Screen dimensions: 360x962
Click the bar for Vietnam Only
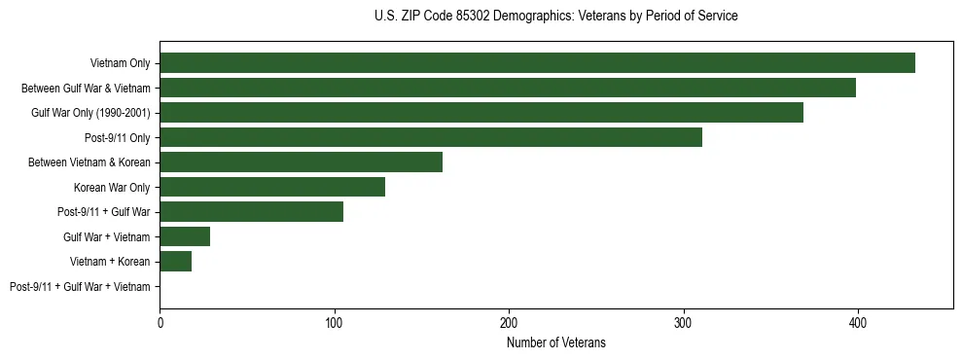[537, 63]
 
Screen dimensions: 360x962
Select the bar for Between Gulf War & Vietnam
[508, 88]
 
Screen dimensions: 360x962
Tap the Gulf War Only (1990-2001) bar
[481, 113]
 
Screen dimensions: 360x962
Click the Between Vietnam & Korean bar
[301, 162]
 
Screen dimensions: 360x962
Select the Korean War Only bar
[272, 187]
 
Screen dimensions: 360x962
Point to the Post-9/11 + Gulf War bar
[251, 212]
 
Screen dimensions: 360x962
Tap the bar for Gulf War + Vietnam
[185, 236]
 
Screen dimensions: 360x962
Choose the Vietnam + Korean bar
[176, 262]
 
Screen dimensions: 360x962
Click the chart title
[555, 17]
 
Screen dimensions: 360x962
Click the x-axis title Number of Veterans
[555, 342]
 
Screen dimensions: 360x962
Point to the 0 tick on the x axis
[160, 322]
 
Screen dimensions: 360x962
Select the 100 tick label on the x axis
[335, 322]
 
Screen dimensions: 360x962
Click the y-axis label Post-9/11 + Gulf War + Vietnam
[80, 287]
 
